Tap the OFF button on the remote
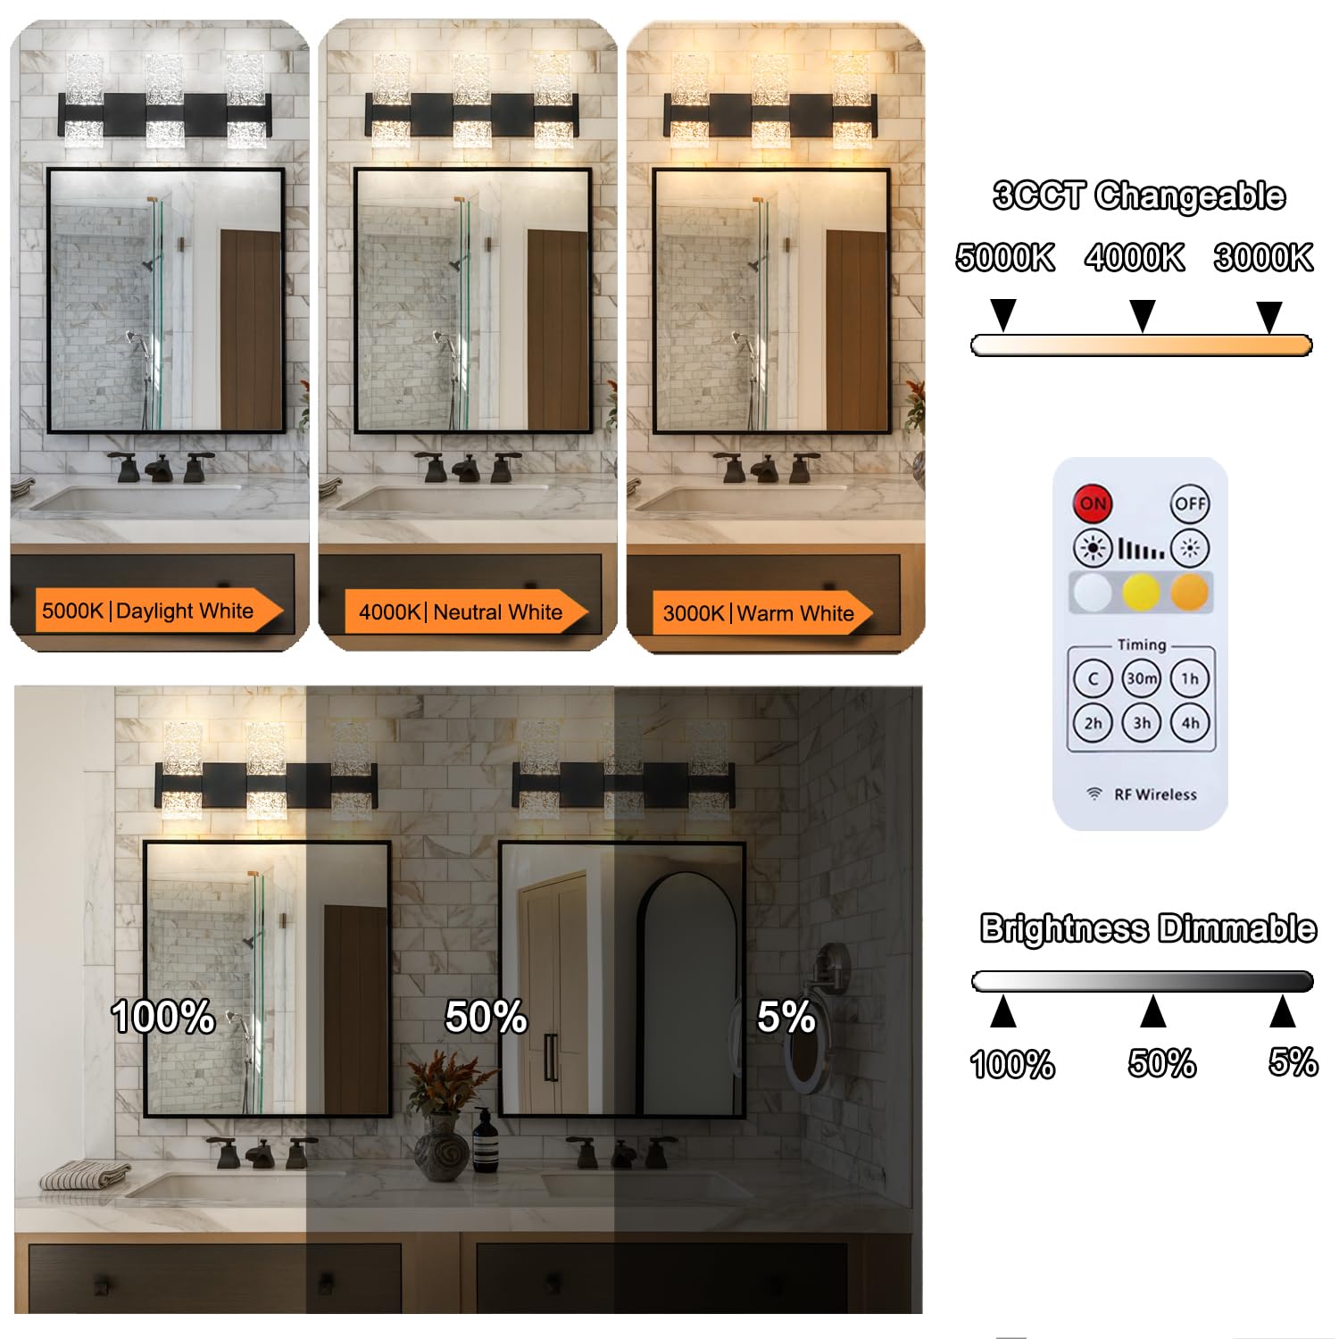click(1190, 503)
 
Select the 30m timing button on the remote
click(1142, 678)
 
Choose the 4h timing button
click(1190, 723)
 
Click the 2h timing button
click(1093, 723)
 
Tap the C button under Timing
click(1093, 678)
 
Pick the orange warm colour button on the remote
click(1189, 592)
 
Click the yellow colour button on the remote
click(1141, 592)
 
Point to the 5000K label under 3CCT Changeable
click(1005, 258)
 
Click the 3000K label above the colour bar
click(1263, 258)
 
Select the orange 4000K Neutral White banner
click(466, 612)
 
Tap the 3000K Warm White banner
click(762, 613)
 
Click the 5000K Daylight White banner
click(157, 611)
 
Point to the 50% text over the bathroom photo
click(487, 1017)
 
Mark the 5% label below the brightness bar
click(1293, 1062)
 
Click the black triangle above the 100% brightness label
click(1003, 1011)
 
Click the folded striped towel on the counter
click(86, 1175)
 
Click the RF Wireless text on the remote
click(1155, 794)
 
